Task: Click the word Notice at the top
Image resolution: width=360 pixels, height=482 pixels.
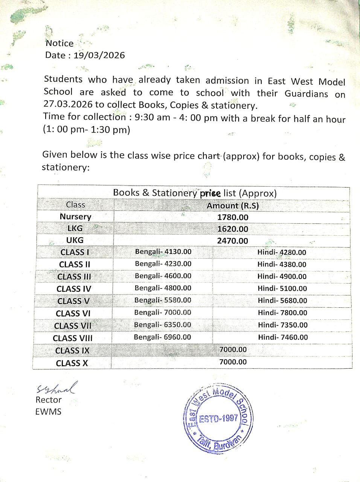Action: (x=59, y=43)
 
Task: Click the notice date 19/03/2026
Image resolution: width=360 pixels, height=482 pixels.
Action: (x=99, y=55)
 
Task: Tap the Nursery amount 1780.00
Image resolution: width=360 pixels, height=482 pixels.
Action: (x=233, y=217)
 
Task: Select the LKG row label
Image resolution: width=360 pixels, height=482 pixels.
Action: (x=75, y=228)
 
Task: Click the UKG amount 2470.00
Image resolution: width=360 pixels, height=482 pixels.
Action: (x=233, y=241)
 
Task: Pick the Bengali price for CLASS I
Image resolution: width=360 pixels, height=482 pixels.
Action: (x=163, y=252)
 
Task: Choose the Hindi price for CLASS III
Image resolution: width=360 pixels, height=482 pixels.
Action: (x=282, y=276)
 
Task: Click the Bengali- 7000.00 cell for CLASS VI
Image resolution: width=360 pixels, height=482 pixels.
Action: (x=163, y=313)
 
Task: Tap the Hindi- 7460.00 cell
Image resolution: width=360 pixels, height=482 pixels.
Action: (x=283, y=337)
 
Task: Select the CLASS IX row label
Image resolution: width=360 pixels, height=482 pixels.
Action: (x=72, y=351)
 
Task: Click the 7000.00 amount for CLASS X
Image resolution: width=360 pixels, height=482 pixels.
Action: (x=233, y=362)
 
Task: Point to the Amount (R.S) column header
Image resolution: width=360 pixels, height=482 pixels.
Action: (x=233, y=206)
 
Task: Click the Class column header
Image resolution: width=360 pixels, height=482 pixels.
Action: (x=75, y=205)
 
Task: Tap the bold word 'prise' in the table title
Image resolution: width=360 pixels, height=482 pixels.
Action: (x=210, y=194)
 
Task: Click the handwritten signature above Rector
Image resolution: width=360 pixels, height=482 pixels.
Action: (x=56, y=388)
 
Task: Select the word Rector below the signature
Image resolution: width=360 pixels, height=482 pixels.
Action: (x=49, y=400)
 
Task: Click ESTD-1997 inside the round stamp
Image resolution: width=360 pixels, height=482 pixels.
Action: (x=218, y=419)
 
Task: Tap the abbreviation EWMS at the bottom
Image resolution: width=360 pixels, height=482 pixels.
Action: (x=48, y=412)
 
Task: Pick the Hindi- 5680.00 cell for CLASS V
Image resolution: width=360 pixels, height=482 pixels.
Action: (x=282, y=300)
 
